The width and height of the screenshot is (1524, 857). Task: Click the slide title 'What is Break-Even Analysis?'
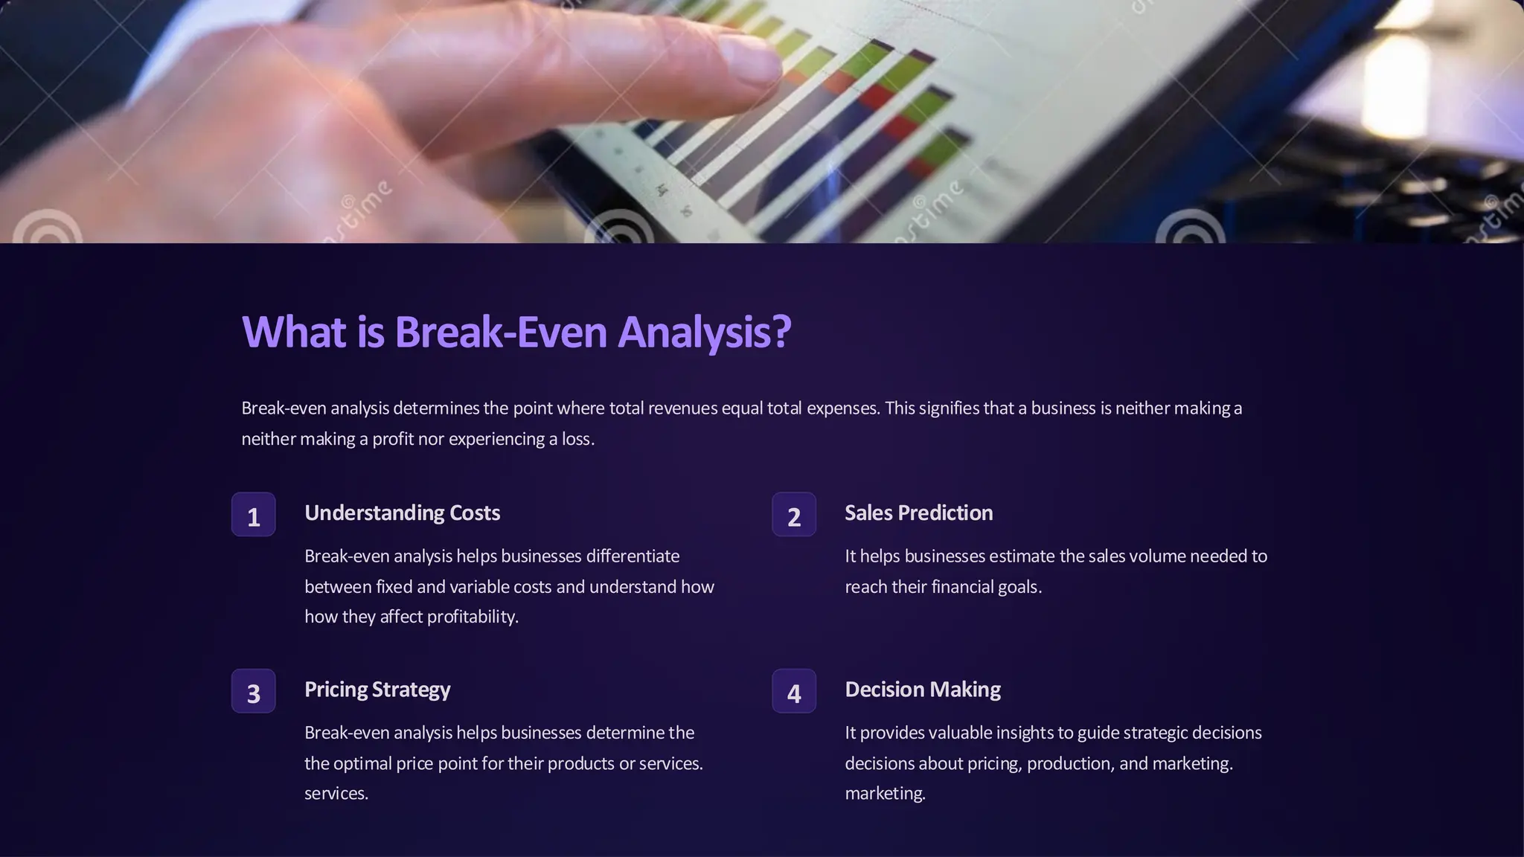516,332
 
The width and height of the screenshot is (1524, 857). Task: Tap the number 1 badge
254,515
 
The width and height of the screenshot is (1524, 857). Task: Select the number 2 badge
794,515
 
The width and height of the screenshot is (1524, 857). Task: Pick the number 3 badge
254,691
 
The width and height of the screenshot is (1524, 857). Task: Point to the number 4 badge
794,691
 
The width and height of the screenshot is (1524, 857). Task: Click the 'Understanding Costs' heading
402,513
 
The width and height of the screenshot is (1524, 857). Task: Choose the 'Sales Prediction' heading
918,513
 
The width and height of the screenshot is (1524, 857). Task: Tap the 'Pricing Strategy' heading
377,690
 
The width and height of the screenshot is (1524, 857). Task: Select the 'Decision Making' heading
922,690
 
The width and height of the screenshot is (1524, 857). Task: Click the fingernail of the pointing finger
748,60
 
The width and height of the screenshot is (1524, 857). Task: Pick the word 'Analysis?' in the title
704,332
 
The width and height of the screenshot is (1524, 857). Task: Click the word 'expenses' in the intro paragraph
842,408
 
